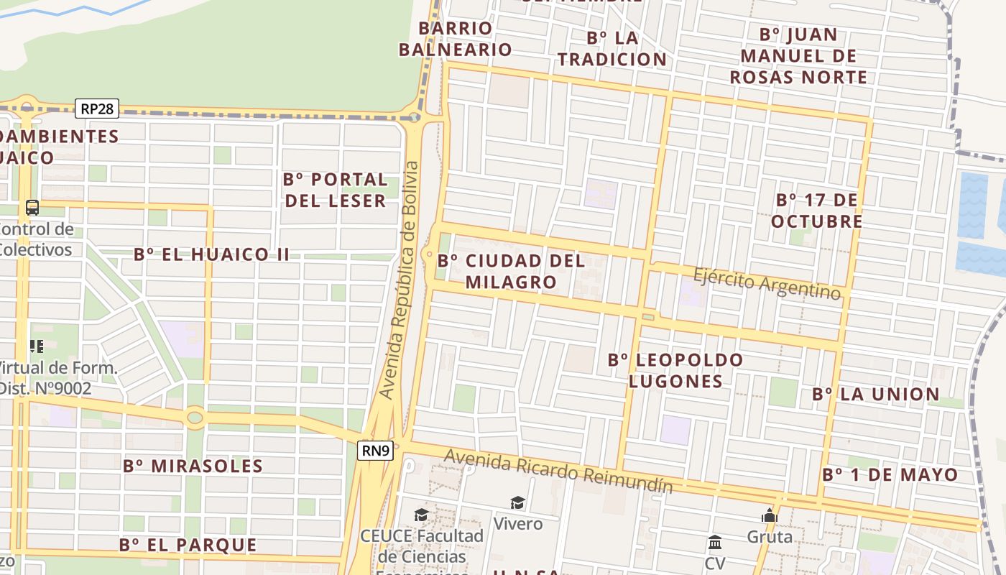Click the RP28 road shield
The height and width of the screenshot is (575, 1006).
97,109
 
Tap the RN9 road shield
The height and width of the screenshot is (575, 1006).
376,451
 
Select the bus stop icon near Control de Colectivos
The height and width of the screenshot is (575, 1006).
32,208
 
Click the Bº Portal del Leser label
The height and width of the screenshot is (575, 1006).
336,190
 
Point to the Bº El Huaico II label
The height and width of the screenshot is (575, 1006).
212,254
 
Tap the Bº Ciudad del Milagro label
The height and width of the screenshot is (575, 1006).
511,271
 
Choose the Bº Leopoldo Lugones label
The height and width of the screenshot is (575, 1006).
675,370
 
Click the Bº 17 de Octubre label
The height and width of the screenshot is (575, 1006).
817,210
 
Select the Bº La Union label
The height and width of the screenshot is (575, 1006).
876,394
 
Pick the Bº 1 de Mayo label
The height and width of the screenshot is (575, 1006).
890,474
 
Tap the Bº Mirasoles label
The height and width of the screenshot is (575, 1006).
193,466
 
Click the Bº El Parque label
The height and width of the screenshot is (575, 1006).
188,545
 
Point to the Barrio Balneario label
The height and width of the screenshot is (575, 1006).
455,39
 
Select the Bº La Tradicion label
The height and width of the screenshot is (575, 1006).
612,48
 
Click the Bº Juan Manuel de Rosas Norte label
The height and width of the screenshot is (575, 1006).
798,55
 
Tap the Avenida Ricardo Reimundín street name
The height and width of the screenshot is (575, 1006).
558,471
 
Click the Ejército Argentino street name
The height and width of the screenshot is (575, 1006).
767,283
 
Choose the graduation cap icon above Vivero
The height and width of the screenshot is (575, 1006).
517,502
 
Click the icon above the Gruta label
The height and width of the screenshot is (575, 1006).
770,515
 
